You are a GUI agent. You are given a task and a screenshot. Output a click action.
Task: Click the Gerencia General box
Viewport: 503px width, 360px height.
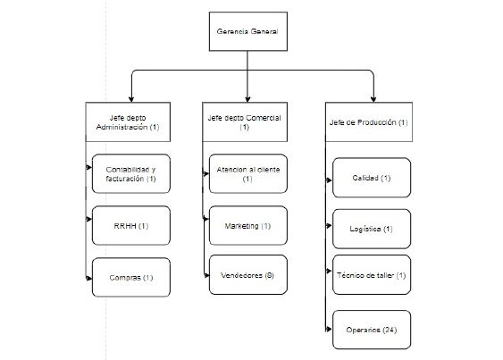[248, 31]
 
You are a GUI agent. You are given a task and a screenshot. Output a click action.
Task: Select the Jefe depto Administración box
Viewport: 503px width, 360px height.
[128, 121]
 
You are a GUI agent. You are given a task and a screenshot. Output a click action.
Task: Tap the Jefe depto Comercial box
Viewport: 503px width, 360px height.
[245, 121]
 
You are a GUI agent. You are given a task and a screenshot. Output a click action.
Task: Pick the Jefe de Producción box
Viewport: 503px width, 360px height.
[369, 121]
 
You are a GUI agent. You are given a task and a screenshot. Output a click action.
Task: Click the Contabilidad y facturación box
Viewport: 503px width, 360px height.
[130, 173]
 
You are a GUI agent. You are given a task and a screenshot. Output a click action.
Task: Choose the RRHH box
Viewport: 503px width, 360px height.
[130, 226]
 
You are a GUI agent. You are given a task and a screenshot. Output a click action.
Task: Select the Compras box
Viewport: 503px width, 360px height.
[130, 277]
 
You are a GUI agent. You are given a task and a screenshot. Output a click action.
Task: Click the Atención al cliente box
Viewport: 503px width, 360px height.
[248, 173]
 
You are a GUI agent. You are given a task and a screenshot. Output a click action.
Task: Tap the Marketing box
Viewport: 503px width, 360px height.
[248, 226]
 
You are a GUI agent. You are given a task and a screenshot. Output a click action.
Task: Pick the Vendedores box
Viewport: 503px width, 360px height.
[248, 274]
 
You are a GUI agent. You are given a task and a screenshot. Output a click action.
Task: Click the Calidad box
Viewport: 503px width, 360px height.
[372, 178]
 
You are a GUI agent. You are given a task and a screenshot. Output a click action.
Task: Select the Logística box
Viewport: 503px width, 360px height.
[372, 229]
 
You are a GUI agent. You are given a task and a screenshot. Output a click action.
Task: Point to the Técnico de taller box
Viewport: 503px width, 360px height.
[372, 274]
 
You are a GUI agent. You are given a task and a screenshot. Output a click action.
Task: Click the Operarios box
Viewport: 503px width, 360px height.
[372, 330]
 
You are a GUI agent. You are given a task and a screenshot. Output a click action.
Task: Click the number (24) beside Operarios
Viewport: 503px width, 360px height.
[390, 330]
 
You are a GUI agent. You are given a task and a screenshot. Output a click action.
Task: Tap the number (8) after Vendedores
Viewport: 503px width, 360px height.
[270, 275]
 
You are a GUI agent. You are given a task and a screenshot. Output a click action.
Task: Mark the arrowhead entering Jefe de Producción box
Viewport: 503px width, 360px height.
[373, 99]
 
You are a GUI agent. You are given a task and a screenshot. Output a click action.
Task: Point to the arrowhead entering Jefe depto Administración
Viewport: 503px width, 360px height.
[130, 99]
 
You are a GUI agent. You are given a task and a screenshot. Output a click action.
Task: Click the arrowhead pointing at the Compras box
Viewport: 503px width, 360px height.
[88, 278]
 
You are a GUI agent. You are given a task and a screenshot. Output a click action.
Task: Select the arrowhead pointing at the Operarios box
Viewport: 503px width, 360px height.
[329, 330]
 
